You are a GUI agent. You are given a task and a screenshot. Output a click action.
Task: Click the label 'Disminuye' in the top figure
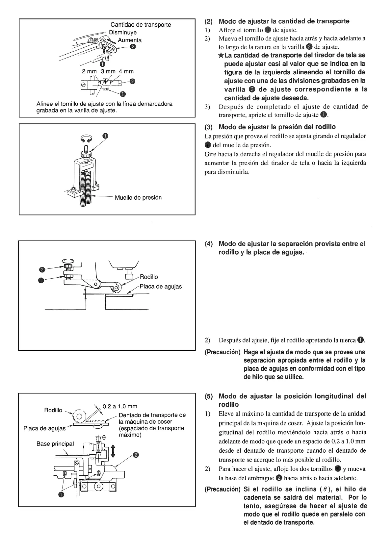pyautogui.click(x=123, y=33)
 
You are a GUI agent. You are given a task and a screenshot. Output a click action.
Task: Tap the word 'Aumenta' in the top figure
pyautogui.click(x=130, y=40)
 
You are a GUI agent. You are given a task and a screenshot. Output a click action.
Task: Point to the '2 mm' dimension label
pyautogui.click(x=89, y=71)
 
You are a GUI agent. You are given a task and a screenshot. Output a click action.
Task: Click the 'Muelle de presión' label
pyautogui.click(x=138, y=198)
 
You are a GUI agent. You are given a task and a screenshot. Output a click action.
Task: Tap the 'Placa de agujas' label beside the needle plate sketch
pyautogui.click(x=161, y=287)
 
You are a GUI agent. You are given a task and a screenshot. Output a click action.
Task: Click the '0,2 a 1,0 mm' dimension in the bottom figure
pyautogui.click(x=120, y=406)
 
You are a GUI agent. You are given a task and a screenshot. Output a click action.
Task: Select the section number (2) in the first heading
pyautogui.click(x=209, y=21)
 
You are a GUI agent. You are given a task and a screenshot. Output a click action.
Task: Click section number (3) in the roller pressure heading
pyautogui.click(x=209, y=127)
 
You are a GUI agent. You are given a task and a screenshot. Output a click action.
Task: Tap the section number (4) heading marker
pyautogui.click(x=209, y=244)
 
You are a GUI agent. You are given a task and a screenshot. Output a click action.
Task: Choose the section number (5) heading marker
pyautogui.click(x=209, y=396)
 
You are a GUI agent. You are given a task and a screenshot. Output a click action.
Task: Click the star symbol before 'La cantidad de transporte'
pyautogui.click(x=221, y=55)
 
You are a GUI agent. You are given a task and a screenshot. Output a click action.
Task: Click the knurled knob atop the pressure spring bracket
pyautogui.click(x=85, y=153)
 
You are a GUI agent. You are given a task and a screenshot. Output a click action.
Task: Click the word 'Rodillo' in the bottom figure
pyautogui.click(x=53, y=410)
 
